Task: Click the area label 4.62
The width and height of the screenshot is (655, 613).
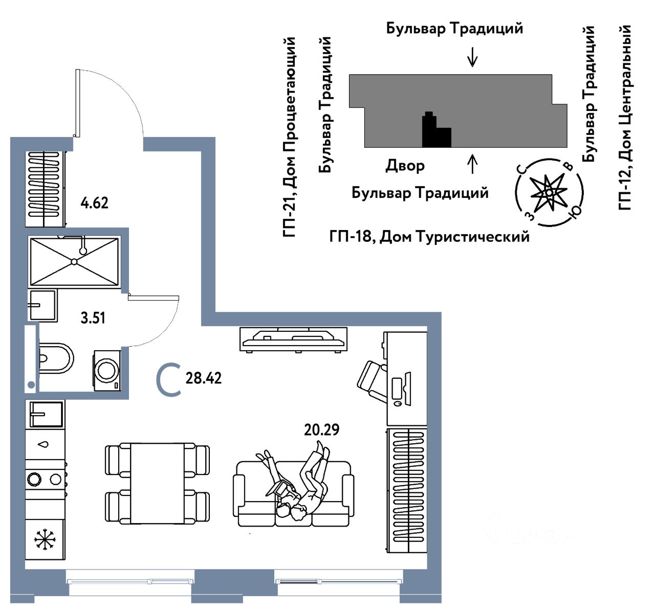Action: pyautogui.click(x=95, y=203)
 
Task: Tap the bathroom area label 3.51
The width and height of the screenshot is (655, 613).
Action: pyautogui.click(x=93, y=318)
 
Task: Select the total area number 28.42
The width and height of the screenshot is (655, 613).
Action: pyautogui.click(x=204, y=378)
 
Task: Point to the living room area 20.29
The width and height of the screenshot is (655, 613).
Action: pyautogui.click(x=321, y=429)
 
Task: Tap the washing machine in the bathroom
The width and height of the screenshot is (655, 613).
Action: pyautogui.click(x=106, y=370)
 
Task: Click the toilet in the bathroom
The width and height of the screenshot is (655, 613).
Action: pyautogui.click(x=55, y=358)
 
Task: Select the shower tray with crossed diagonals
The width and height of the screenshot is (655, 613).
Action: pyautogui.click(x=74, y=261)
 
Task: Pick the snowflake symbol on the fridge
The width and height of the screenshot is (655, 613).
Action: pyautogui.click(x=45, y=540)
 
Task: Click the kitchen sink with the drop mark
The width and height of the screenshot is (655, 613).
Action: pyautogui.click(x=46, y=444)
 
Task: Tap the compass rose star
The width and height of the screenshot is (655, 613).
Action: pyautogui.click(x=548, y=193)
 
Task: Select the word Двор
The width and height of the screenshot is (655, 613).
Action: pyautogui.click(x=405, y=166)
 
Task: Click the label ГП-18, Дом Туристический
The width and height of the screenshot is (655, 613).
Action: pyautogui.click(x=429, y=237)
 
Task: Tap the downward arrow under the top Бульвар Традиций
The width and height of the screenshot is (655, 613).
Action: pyautogui.click(x=472, y=56)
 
